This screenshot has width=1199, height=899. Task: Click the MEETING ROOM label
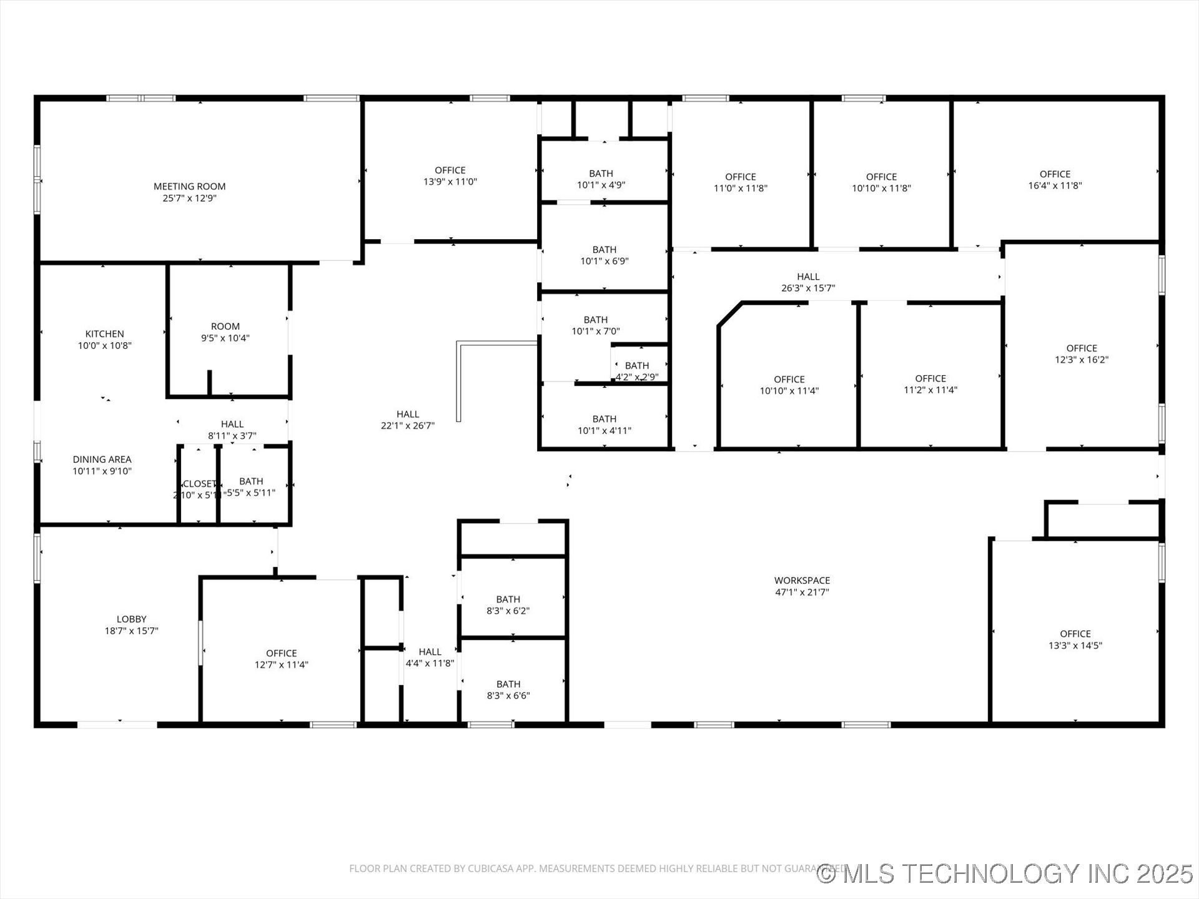189,192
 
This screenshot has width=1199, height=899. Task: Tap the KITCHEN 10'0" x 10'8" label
104,339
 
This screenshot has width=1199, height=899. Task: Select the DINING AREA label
102,464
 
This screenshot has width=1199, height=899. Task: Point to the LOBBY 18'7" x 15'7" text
131,624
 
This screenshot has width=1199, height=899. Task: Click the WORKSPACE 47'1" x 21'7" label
802,586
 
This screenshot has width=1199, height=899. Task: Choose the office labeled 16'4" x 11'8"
1055,179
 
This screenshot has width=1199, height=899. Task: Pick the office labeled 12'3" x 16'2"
1082,353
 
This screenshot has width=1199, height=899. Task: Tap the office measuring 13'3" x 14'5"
1075,639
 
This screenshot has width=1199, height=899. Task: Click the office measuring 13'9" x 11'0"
450,175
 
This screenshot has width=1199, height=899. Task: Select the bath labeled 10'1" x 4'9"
601,179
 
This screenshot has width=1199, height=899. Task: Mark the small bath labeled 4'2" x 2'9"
636,371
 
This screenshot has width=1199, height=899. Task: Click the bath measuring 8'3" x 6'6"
508,689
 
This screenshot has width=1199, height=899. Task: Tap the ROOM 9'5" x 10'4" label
225,332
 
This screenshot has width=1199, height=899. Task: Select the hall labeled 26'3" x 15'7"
807,282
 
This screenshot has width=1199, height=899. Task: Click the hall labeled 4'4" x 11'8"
430,657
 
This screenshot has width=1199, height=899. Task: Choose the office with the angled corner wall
789,385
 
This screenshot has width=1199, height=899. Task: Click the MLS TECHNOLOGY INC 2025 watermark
1005,873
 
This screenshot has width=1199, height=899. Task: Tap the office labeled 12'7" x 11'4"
281,658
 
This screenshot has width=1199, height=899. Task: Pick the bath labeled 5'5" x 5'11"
251,486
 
